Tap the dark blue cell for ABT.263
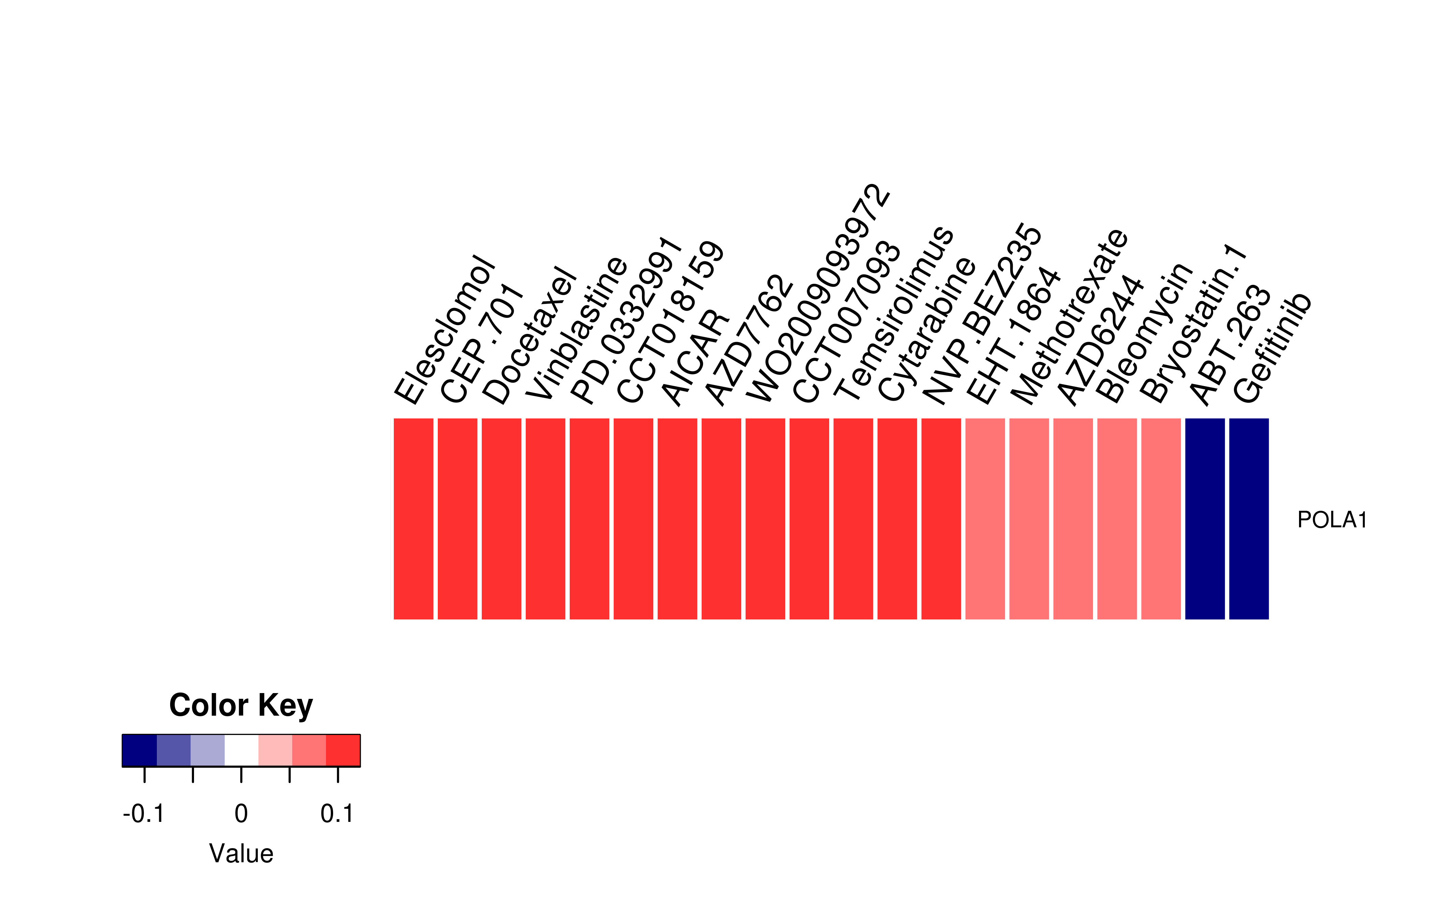coord(1205,519)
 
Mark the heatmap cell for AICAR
coord(677,519)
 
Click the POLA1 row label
coord(1332,520)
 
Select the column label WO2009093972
coord(819,294)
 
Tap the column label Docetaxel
coord(529,336)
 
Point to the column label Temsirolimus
coord(894,313)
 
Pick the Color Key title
coord(241,706)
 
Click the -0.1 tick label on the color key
coord(144,814)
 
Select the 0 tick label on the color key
coord(241,814)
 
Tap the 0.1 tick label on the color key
coord(337,814)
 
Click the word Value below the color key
coord(241,854)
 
